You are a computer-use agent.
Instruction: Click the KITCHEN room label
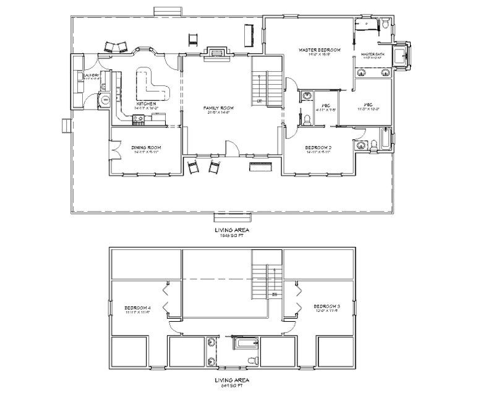[x=145, y=103]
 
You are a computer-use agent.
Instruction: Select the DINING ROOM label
[x=146, y=147]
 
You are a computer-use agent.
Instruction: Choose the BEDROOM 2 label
[x=320, y=147]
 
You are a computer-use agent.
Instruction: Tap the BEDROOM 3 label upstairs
[x=327, y=306]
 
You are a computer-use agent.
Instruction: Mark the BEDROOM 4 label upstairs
[x=138, y=307]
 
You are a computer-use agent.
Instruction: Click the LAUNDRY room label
[x=92, y=77]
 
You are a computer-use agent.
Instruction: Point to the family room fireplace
[x=216, y=52]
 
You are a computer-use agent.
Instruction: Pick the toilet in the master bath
[x=385, y=25]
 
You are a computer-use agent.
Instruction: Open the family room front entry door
[x=231, y=149]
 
